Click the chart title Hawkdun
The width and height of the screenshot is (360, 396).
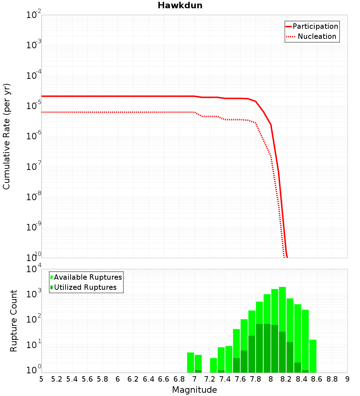click(x=180, y=5)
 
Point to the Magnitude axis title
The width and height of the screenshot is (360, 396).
click(x=194, y=390)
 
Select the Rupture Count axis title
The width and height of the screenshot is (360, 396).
click(x=14, y=320)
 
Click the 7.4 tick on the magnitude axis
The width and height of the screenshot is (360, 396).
click(x=225, y=379)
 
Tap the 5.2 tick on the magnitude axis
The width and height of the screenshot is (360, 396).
click(x=57, y=379)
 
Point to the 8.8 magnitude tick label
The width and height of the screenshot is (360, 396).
click(x=332, y=379)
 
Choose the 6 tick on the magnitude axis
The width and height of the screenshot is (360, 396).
click(x=118, y=379)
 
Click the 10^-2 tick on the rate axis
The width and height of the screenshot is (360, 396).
click(x=34, y=15)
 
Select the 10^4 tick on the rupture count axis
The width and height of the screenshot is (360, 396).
click(x=34, y=269)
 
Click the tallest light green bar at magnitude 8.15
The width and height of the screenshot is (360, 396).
click(x=282, y=310)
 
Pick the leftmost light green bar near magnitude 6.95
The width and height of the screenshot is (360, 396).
click(x=190, y=362)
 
